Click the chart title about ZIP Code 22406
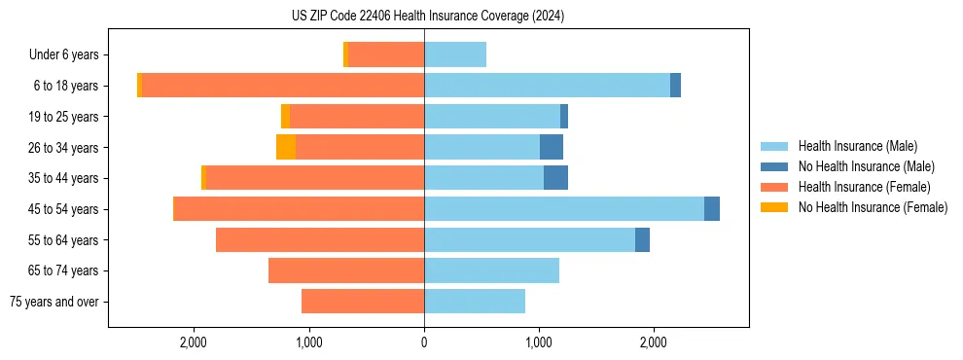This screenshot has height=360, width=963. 427,17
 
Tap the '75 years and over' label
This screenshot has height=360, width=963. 53,302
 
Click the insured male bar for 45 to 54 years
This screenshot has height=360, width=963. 564,209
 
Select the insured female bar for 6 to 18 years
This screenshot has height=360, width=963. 282,86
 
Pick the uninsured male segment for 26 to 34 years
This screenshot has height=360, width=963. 552,147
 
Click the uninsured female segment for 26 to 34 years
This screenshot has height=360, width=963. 286,147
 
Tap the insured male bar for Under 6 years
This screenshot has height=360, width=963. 455,54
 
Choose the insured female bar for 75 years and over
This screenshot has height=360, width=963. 363,302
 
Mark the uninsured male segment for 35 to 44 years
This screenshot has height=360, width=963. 555,178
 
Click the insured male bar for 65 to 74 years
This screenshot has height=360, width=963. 491,270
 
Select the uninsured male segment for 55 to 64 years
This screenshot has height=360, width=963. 642,239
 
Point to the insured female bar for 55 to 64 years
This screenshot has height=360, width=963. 320,239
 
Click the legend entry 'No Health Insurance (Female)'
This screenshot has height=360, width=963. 873,207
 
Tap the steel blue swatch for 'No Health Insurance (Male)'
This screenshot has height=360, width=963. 774,166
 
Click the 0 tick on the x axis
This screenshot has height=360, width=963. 424,342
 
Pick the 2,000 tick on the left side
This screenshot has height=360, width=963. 195,342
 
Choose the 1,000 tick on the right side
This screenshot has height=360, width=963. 539,342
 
